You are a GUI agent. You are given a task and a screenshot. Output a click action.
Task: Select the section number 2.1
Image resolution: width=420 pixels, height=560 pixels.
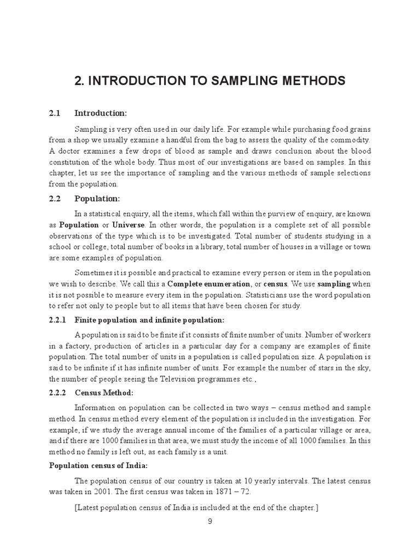click(55, 113)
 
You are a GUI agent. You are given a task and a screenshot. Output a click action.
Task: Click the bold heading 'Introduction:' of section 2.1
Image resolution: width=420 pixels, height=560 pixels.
click(101, 113)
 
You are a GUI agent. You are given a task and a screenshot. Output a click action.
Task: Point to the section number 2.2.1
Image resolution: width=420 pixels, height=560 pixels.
click(57, 320)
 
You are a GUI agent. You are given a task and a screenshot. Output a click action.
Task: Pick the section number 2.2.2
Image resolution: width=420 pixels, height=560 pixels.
click(57, 393)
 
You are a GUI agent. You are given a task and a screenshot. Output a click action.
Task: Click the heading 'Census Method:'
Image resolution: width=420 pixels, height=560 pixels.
click(104, 393)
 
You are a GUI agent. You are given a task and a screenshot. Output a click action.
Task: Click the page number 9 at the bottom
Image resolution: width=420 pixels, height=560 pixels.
click(209, 521)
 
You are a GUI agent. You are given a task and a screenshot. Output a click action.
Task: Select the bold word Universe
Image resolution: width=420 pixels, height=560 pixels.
click(130, 225)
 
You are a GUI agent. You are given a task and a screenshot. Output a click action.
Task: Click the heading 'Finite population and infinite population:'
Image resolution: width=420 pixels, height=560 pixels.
click(149, 320)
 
